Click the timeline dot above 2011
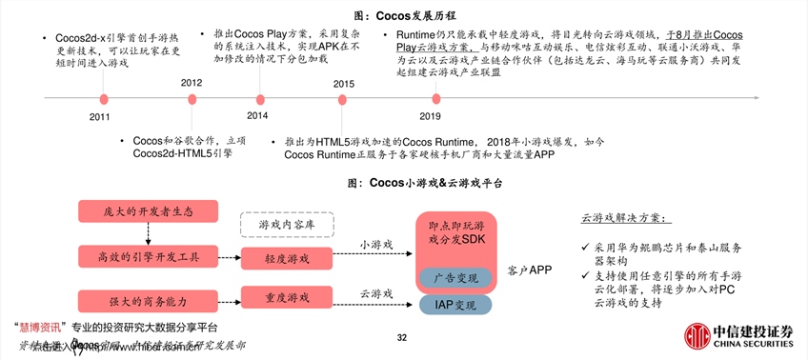[x=104, y=98]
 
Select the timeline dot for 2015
[x=343, y=98]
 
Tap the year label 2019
[x=430, y=115]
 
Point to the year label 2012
[x=192, y=84]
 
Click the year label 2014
[x=257, y=115]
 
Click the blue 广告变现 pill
[x=455, y=276]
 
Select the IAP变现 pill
[x=455, y=306]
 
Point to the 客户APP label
[x=530, y=270]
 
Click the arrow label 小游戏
[x=374, y=245]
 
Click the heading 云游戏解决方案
[x=626, y=217]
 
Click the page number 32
[x=402, y=336]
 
